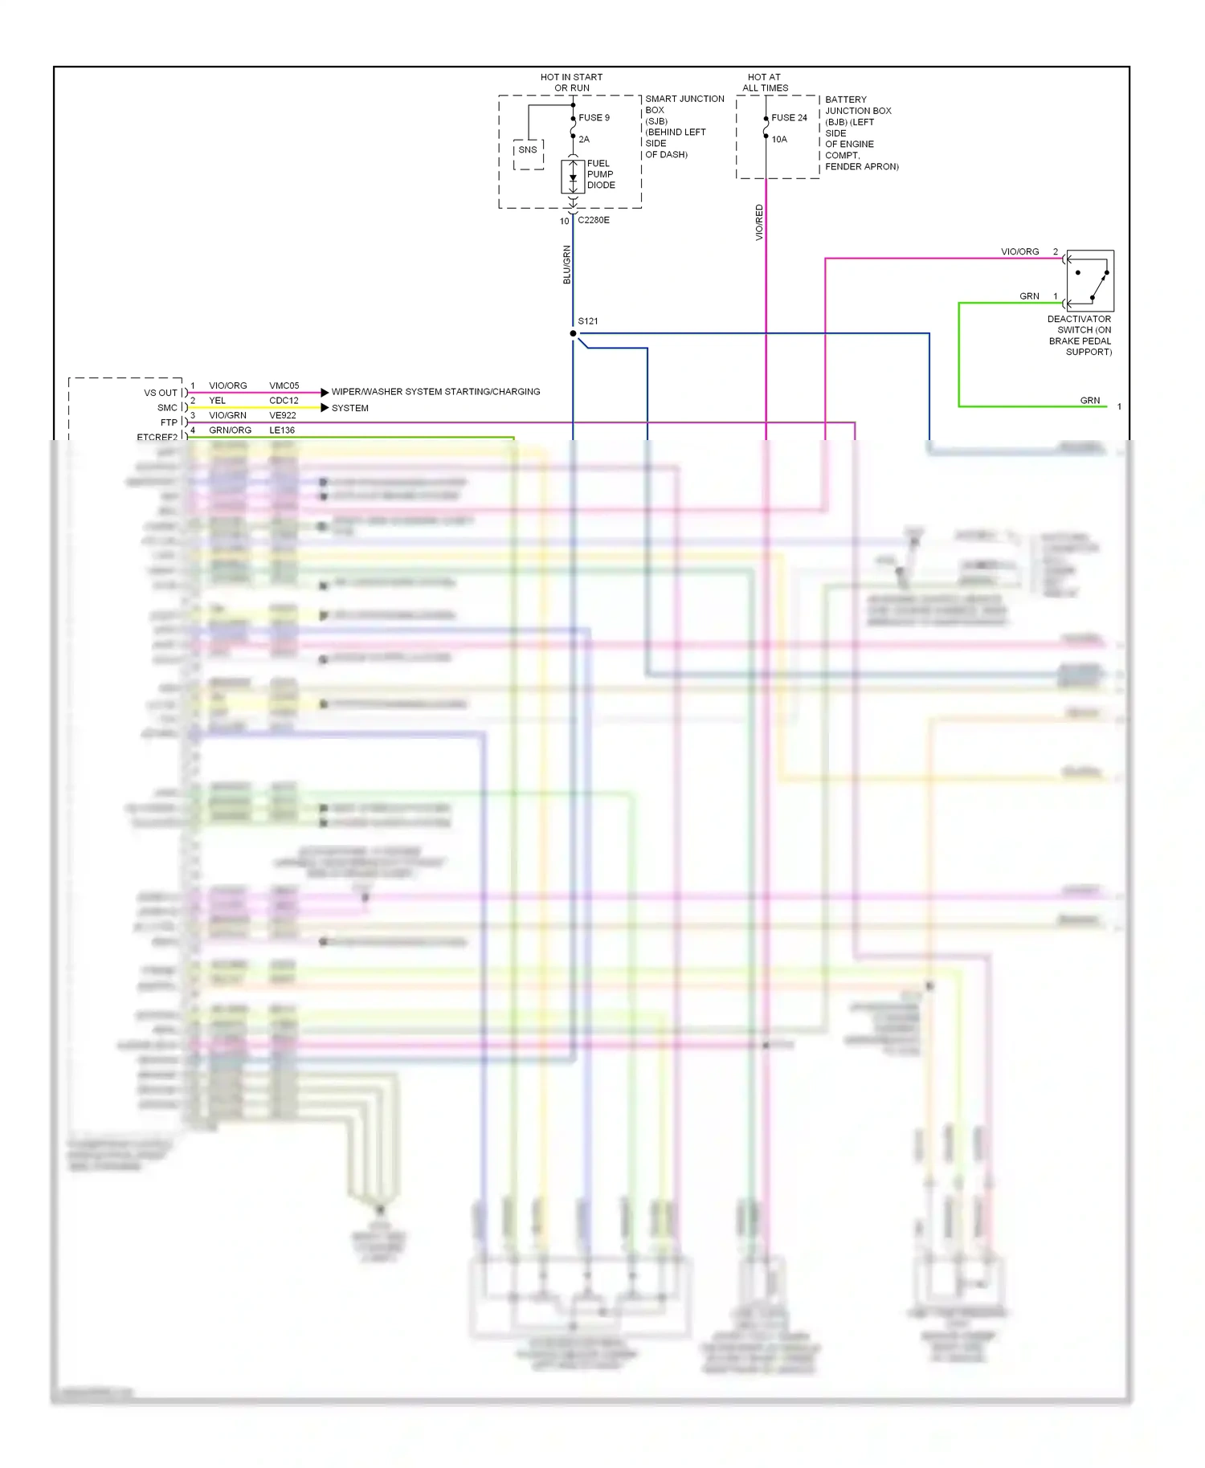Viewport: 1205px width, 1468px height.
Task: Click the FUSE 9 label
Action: [594, 117]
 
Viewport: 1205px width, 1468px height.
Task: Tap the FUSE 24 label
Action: [789, 117]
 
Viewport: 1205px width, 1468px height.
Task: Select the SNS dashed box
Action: [528, 153]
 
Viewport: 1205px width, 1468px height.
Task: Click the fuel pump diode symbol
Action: [573, 176]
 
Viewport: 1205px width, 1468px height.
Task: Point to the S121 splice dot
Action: [573, 333]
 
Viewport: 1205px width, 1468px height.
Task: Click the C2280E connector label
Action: [594, 220]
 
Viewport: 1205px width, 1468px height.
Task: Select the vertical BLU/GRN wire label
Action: [566, 264]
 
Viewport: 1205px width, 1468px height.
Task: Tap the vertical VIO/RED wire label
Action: [759, 222]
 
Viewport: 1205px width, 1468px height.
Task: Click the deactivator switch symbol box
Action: [1090, 280]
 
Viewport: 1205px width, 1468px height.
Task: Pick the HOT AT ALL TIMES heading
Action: [765, 83]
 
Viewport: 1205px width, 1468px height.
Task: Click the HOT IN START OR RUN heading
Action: [572, 83]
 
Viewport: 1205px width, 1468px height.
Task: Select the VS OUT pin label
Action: [161, 393]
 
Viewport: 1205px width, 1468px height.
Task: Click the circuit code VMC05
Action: [284, 385]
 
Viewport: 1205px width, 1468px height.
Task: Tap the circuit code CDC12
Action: [284, 400]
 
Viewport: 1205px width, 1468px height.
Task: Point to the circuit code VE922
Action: [282, 415]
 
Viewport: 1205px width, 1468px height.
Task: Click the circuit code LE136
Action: [281, 430]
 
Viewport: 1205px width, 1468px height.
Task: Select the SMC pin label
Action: [167, 408]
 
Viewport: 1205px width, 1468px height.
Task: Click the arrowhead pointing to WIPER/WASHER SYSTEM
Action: [325, 392]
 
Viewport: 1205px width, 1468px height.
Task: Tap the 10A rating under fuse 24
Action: [779, 139]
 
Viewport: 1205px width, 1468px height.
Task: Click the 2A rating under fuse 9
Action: [584, 139]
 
